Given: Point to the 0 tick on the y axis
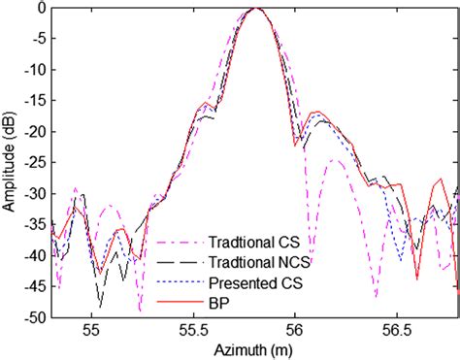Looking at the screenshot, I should (x=43, y=8).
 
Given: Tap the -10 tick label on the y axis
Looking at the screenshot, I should (x=36, y=70).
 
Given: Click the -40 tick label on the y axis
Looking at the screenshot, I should (x=36, y=255).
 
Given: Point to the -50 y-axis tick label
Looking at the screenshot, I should (x=36, y=316).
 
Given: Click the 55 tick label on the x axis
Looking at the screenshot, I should (x=92, y=330).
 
